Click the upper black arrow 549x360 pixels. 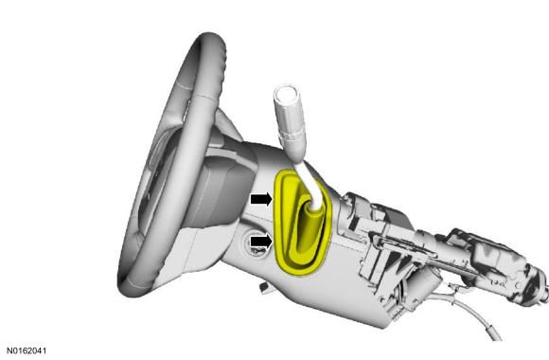[x=261, y=199]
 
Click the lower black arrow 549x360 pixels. [x=261, y=242]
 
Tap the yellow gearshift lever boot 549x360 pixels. [x=302, y=223]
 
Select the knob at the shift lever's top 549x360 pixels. [x=286, y=96]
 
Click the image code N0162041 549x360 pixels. [x=27, y=351]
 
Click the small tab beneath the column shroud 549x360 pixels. [x=264, y=286]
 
